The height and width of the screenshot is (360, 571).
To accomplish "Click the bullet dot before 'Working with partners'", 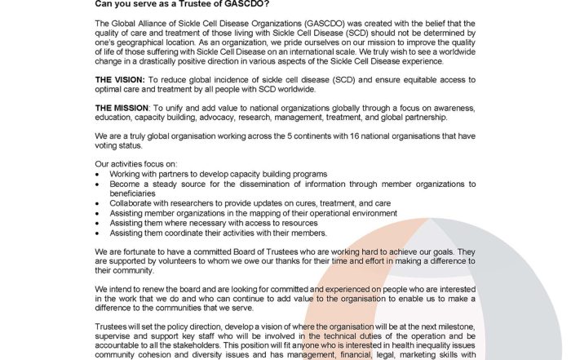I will (x=99, y=175).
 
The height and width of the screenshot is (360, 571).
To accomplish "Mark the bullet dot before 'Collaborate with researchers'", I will (x=99, y=203).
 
